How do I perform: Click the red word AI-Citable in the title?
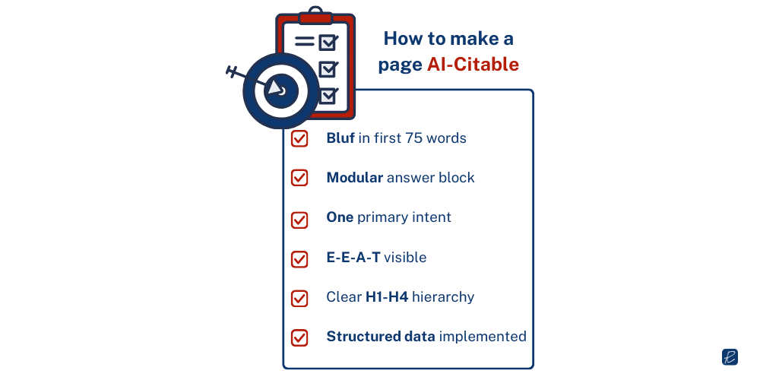[473, 65]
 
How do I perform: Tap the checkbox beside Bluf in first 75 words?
[299, 138]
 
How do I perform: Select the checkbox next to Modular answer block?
[299, 178]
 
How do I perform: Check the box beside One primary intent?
[299, 218]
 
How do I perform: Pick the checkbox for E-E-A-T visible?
[299, 258]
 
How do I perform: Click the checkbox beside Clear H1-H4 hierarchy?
[299, 297]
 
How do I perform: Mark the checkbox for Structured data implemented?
[299, 337]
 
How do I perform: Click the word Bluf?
[340, 138]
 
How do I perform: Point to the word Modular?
[354, 178]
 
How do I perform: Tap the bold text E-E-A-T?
[353, 258]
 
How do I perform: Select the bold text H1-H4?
[387, 297]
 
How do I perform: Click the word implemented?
[483, 337]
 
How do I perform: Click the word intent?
[432, 218]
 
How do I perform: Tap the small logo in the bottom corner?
[730, 356]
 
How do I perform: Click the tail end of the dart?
[233, 72]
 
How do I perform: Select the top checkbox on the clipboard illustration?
[328, 41]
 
